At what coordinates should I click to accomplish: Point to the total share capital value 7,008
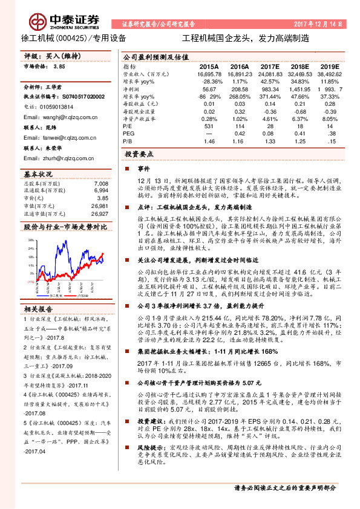101,183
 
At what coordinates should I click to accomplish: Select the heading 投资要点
141,155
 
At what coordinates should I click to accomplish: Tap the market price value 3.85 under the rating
59,67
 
